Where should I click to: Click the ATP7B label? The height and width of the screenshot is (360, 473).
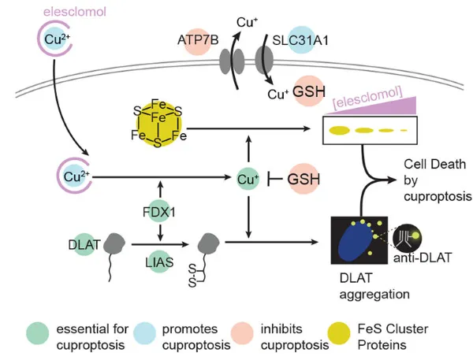coord(198,40)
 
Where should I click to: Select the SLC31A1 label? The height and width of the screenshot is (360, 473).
coord(300,40)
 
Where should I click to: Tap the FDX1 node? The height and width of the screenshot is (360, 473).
coord(159,212)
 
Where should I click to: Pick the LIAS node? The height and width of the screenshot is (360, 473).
coord(159,262)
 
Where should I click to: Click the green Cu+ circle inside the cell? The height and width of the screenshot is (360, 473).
coord(248,180)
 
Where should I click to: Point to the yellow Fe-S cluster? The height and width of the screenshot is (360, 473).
coord(158,124)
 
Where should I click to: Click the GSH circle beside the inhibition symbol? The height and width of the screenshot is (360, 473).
coord(304,179)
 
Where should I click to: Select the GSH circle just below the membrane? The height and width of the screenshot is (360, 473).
coord(309,91)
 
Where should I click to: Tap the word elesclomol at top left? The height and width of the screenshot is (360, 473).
coord(75,12)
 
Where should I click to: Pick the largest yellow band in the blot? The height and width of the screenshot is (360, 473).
coord(339,130)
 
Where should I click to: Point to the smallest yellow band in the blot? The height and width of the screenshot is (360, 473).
coord(404,131)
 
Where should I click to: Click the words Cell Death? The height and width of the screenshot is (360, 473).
coord(434,165)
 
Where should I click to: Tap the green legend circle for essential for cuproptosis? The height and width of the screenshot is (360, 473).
coord(38,333)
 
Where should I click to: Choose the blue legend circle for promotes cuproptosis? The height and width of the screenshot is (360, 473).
coord(145,333)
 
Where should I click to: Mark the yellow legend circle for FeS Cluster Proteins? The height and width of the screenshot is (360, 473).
coord(339,333)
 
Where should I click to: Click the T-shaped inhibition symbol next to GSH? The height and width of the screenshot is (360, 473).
coord(274,180)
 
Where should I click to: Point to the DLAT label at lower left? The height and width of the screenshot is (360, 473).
coord(84,244)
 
